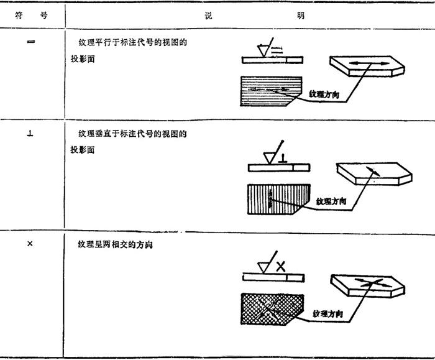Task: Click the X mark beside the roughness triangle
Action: (x=281, y=267)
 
